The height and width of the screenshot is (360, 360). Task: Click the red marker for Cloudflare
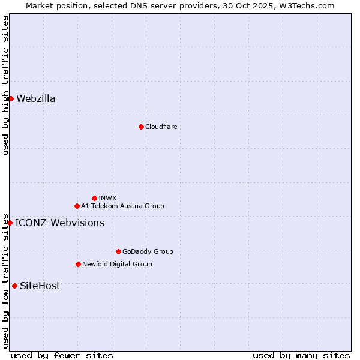(141, 127)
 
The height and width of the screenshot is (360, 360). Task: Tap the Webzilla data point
(11, 98)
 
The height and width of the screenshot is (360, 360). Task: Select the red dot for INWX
(94, 198)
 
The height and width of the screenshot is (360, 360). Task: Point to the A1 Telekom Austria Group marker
(77, 206)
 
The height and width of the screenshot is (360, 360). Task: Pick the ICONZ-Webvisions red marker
(10, 223)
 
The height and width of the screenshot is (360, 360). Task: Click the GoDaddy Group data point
(118, 251)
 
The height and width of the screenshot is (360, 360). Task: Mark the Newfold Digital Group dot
(78, 264)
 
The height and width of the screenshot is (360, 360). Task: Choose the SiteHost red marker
(14, 286)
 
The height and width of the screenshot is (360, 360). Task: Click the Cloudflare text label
(161, 127)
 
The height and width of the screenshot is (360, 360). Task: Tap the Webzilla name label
(36, 98)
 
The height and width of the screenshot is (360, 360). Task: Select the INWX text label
(107, 198)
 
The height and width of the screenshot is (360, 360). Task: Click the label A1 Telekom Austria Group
(122, 206)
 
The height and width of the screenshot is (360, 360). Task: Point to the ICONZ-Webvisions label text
(59, 223)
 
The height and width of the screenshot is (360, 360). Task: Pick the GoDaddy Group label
(148, 251)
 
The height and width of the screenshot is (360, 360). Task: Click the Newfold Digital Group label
(117, 264)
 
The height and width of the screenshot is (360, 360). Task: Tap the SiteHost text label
(40, 286)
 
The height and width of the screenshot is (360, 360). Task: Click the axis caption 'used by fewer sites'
(62, 355)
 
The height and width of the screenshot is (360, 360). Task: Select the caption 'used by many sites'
(301, 355)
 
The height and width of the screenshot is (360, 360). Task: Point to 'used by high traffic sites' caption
(5, 85)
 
